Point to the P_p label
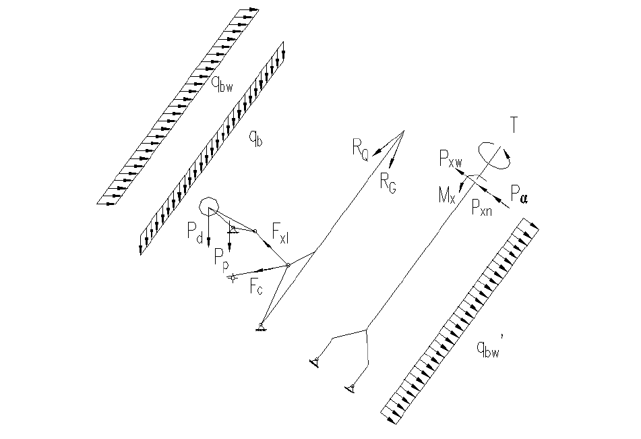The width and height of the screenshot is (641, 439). (220, 256)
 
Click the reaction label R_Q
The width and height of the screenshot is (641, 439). (360, 150)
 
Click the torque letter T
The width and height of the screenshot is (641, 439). (515, 125)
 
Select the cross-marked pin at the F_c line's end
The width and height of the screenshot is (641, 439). (232, 277)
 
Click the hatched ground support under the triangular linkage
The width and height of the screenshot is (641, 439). (261, 327)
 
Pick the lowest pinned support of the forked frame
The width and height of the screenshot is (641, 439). (349, 387)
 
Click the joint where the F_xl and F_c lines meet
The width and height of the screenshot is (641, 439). (288, 265)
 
